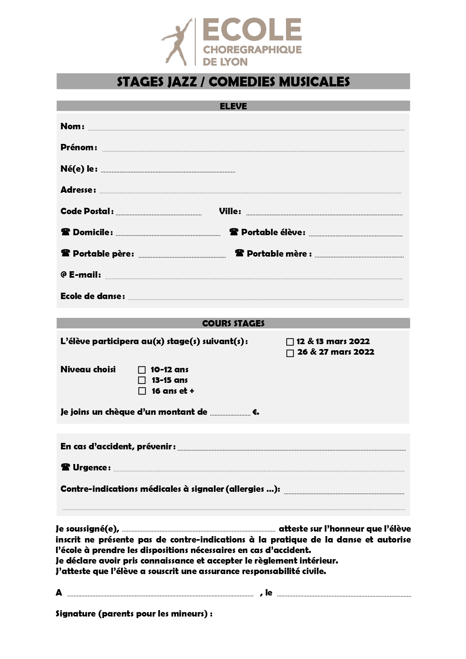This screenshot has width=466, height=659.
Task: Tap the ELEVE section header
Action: pyautogui.click(x=233, y=106)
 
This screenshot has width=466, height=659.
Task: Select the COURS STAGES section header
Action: pyautogui.click(x=233, y=323)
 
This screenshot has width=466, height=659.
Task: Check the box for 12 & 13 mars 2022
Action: pyautogui.click(x=290, y=342)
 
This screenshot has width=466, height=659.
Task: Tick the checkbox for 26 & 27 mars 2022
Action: pyautogui.click(x=290, y=353)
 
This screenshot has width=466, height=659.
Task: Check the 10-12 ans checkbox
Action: pyautogui.click(x=142, y=370)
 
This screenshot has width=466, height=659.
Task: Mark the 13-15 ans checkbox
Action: pyautogui.click(x=142, y=380)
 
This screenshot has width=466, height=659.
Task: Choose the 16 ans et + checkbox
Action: pyautogui.click(x=142, y=391)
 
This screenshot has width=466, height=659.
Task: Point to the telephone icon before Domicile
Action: pyautogui.click(x=65, y=232)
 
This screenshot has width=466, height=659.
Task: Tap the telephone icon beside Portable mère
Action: pyautogui.click(x=239, y=253)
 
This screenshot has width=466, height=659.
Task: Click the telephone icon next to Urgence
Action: pyautogui.click(x=65, y=467)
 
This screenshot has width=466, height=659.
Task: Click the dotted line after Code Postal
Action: pyautogui.click(x=159, y=214)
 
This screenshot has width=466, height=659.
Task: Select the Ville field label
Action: pyautogui.click(x=229, y=211)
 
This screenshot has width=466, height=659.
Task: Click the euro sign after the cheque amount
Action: pyautogui.click(x=255, y=412)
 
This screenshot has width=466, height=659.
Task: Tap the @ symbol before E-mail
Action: pyautogui.click(x=64, y=275)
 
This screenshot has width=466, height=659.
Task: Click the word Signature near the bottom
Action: pyautogui.click(x=76, y=614)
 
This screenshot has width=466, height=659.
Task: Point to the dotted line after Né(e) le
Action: pyautogui.click(x=168, y=171)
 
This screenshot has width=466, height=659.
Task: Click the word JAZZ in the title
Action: pyautogui.click(x=180, y=82)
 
